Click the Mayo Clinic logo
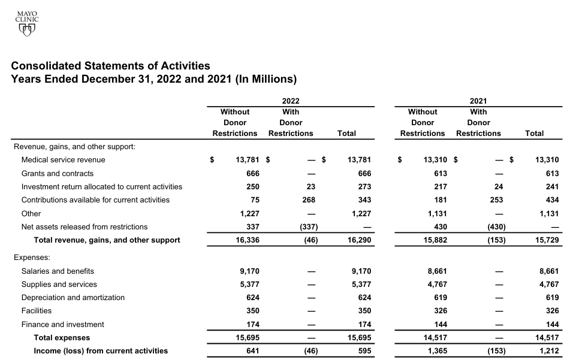point(27,22)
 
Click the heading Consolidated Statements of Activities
point(111,66)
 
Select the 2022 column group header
point(291,102)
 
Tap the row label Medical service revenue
point(63,160)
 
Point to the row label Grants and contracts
point(57,173)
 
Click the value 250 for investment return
point(252,187)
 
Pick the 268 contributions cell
point(308,200)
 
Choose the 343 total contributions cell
point(364,200)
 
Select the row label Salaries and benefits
point(58,271)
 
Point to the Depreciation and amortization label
point(73,298)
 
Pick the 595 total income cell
point(364,351)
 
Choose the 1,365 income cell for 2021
point(437,351)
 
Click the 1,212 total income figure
point(549,351)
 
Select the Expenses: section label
point(32,258)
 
